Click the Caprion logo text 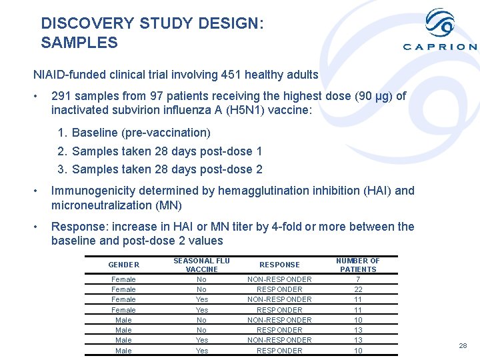coord(440,47)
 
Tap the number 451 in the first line coord(233,75)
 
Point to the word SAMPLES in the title coord(79,43)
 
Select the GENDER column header coord(123,265)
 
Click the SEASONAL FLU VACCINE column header coord(201,265)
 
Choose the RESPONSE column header coord(279,265)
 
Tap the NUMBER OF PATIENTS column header coord(358,265)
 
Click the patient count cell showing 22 coord(358,289)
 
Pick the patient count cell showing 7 coord(358,279)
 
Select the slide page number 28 coord(463,345)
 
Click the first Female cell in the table coord(123,279)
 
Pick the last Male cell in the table coord(123,351)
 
